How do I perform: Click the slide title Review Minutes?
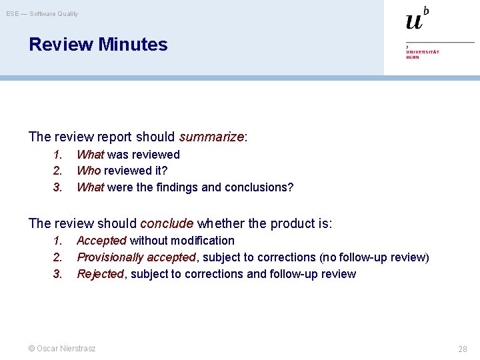click(x=98, y=45)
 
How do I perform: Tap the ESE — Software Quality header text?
click(x=42, y=13)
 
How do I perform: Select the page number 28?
click(x=462, y=349)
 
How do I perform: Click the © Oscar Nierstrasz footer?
click(x=62, y=348)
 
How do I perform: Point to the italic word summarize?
click(x=211, y=137)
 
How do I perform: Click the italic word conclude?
click(x=167, y=223)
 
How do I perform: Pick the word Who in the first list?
click(x=89, y=171)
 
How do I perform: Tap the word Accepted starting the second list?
click(x=101, y=241)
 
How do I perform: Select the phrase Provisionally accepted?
click(x=136, y=257)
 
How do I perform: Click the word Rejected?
click(x=100, y=274)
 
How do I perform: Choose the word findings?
click(x=177, y=187)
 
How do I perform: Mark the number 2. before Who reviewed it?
click(x=58, y=171)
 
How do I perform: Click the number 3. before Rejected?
click(x=58, y=274)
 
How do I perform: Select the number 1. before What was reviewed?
click(x=58, y=155)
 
